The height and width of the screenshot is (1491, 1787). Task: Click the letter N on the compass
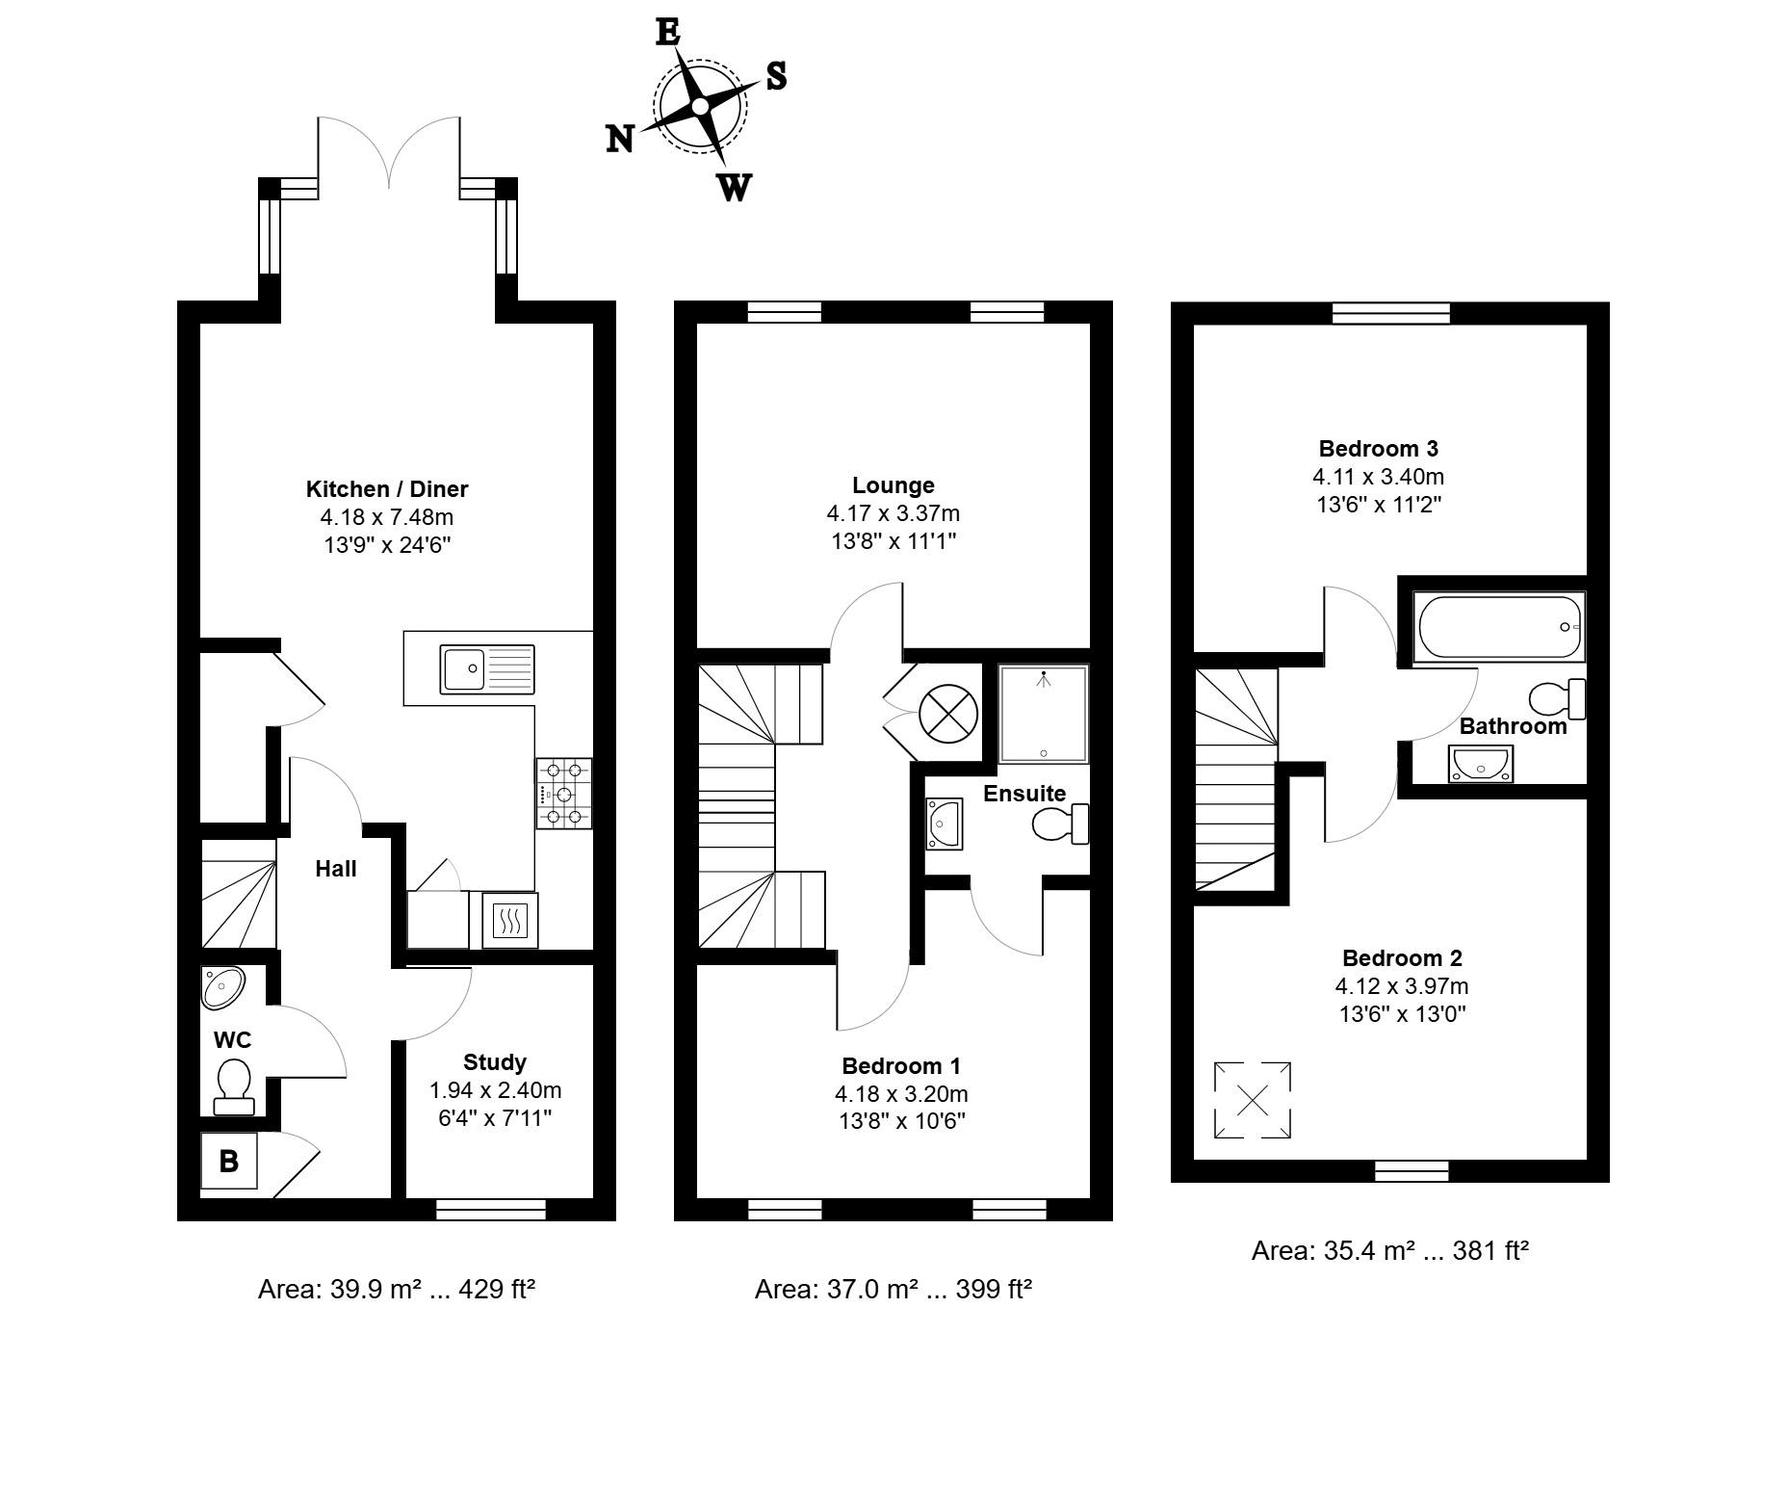[x=619, y=140]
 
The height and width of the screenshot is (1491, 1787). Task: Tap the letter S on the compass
[x=776, y=75]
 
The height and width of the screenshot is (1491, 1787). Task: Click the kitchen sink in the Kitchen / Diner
[x=487, y=668]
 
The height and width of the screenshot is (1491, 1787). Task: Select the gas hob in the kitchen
[x=564, y=794]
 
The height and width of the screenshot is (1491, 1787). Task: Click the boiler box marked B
[x=229, y=1161]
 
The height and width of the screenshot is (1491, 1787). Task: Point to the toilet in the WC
[x=233, y=1086]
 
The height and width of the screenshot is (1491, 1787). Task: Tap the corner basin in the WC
[x=222, y=987]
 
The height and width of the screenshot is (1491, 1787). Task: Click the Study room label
[x=495, y=1062]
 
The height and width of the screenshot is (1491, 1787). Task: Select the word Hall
[x=336, y=869]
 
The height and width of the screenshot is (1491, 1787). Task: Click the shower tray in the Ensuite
[x=1044, y=714]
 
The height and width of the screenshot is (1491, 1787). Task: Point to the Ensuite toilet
[x=1060, y=824]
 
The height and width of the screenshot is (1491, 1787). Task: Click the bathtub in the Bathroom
[x=1498, y=627]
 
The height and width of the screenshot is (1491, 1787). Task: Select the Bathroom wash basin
[x=1480, y=765]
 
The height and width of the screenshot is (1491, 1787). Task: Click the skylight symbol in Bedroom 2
[x=1252, y=1100]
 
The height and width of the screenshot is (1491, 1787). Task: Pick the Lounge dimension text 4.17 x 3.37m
[x=893, y=513]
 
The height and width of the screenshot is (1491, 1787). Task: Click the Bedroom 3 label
[x=1379, y=448]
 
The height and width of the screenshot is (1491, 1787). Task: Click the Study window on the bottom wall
[x=491, y=1209]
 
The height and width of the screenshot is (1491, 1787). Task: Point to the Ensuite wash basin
[x=944, y=824]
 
